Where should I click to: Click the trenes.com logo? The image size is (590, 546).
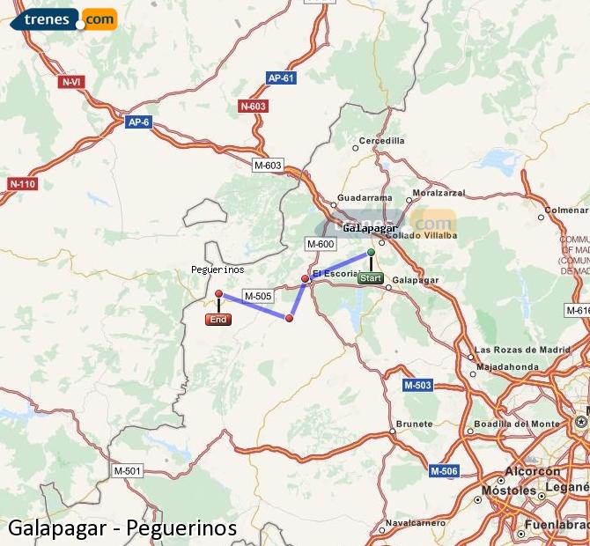(63, 18)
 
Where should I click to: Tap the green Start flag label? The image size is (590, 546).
(371, 278)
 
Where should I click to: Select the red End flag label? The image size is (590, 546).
(218, 320)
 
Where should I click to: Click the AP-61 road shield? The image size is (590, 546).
(281, 78)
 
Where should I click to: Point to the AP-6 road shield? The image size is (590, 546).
(138, 122)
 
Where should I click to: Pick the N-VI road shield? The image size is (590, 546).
(71, 82)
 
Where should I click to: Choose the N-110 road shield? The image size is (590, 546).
(22, 184)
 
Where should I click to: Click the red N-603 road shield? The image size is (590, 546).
(253, 107)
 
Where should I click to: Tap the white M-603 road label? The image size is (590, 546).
(268, 165)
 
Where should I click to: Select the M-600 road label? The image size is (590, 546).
(320, 244)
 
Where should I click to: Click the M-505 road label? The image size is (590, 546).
(257, 296)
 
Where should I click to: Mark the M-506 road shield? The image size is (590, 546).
(445, 471)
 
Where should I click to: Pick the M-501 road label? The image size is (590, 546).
(127, 471)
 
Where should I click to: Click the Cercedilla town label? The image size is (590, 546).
(381, 141)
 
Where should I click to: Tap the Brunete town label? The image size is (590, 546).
(414, 424)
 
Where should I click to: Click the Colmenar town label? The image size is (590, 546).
(566, 210)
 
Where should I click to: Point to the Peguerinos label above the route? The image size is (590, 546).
(218, 269)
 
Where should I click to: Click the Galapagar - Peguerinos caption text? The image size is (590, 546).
(122, 528)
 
